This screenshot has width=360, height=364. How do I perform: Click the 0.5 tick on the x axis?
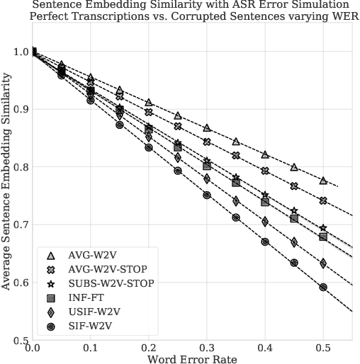click(x=323, y=348)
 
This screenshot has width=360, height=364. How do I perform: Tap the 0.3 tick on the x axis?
click(x=207, y=348)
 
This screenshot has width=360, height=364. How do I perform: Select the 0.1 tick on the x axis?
click(x=90, y=348)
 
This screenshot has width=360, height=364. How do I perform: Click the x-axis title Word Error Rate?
click(x=191, y=358)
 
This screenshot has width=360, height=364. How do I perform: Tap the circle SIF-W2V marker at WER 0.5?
click(x=323, y=288)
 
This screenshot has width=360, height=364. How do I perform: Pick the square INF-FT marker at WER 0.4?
click(x=265, y=202)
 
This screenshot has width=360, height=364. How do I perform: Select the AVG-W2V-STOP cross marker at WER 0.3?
click(x=207, y=142)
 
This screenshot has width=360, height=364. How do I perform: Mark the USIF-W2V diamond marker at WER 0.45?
click(x=294, y=242)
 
